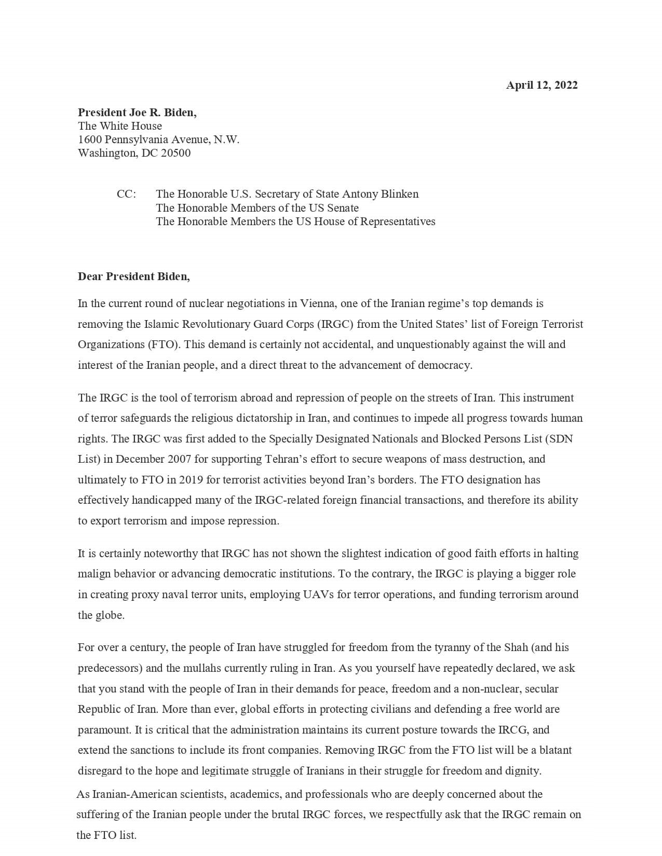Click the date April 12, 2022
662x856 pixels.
542,85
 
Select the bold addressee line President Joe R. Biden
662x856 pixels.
137,113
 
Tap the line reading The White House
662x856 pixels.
120,126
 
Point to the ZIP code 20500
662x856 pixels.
175,153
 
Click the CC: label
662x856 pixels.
126,194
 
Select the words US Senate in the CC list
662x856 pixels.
337,208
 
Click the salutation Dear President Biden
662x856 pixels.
134,277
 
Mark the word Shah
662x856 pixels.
516,647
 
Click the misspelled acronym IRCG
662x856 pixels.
513,730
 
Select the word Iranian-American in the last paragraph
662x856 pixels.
128,794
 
